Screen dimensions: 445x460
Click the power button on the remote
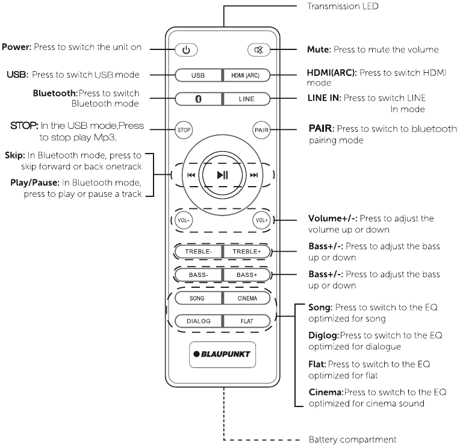(x=186, y=49)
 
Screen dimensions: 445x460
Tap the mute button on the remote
(x=260, y=49)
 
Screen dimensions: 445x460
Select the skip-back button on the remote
(x=191, y=175)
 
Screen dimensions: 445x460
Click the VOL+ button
(x=260, y=220)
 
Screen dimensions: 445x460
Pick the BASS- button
(x=199, y=275)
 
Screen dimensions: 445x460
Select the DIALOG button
(x=199, y=321)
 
